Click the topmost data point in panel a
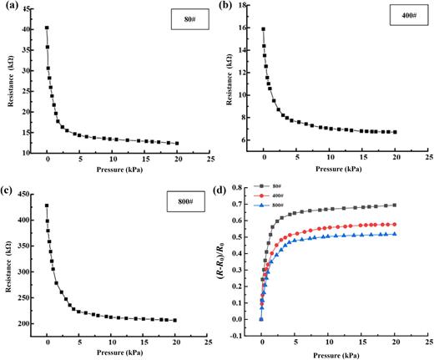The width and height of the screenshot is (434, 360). point(47,28)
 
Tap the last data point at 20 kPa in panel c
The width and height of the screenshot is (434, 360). point(176,320)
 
